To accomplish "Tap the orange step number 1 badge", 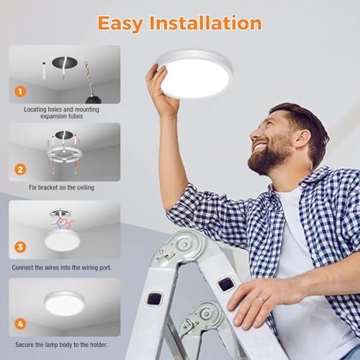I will coord(20,91).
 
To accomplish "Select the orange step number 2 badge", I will coord(20,170).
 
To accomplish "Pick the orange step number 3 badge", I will coord(20,247).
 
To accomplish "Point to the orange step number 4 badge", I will coord(20,325).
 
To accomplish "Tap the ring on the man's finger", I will coord(261,296).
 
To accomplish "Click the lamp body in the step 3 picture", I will coord(63,240).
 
